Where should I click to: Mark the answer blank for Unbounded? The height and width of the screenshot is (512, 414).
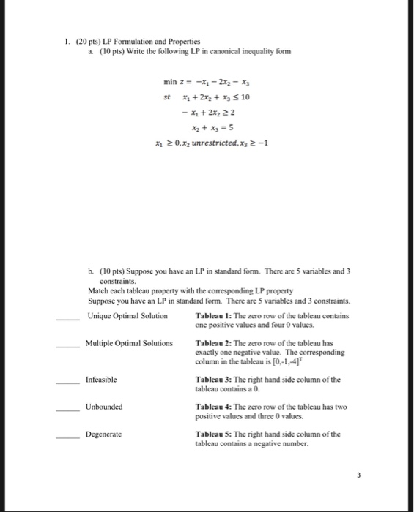coord(68,410)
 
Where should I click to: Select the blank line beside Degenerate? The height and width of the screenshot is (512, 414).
coord(68,437)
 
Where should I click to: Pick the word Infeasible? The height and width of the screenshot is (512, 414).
coord(100,380)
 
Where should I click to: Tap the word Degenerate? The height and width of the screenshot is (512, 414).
coord(103,434)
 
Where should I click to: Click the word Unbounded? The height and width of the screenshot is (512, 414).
coord(103,407)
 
